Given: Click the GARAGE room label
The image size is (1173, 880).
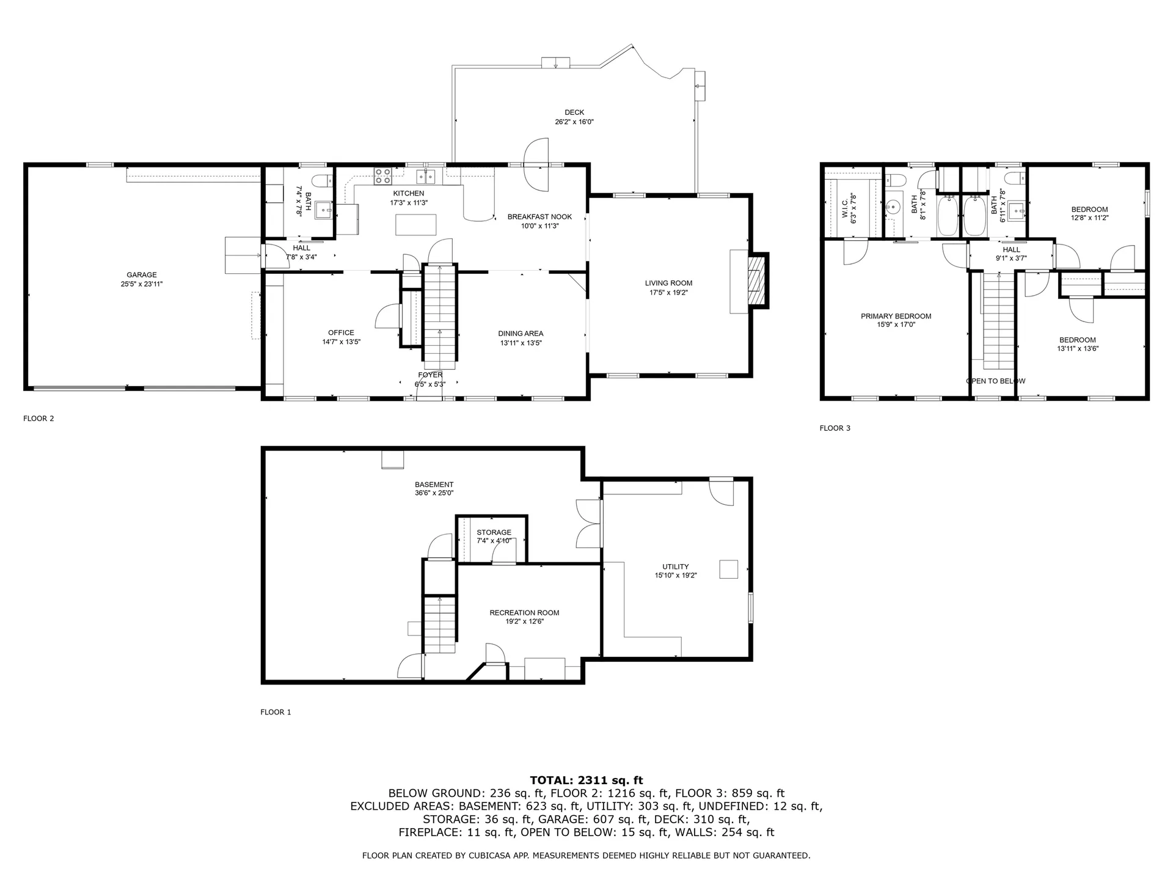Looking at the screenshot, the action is pyautogui.click(x=142, y=275).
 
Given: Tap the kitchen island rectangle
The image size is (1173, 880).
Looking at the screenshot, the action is pyautogui.click(x=416, y=225).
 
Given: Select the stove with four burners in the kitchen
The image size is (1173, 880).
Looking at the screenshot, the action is pyautogui.click(x=383, y=176).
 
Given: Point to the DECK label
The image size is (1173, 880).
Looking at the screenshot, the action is pyautogui.click(x=574, y=112).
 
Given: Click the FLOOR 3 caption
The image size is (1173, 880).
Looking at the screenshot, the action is pyautogui.click(x=835, y=428).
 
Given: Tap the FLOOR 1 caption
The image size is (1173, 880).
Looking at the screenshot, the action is pyautogui.click(x=276, y=712).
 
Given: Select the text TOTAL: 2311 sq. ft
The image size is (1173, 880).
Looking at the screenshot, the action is pyautogui.click(x=586, y=780).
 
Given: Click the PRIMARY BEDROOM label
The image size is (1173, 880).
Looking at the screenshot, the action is pyautogui.click(x=896, y=316).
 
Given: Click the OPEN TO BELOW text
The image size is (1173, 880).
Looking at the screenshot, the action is pyautogui.click(x=996, y=381).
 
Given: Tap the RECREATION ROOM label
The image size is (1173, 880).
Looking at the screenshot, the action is pyautogui.click(x=524, y=613).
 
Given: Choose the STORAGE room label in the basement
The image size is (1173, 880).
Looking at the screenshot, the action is pyautogui.click(x=494, y=533).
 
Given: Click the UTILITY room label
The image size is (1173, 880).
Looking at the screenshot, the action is pyautogui.click(x=676, y=566).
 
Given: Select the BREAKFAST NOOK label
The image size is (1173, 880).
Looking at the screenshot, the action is pyautogui.click(x=540, y=217).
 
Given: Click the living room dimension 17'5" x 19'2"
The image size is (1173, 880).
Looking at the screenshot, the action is pyautogui.click(x=669, y=293).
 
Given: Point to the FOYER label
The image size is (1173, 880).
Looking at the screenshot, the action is pyautogui.click(x=430, y=375).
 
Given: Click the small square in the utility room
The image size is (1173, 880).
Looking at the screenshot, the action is pyautogui.click(x=728, y=569).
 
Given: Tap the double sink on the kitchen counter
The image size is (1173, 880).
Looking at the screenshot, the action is pyautogui.click(x=426, y=177).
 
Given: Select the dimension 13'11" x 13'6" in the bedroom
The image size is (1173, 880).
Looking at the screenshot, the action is pyautogui.click(x=1078, y=349).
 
